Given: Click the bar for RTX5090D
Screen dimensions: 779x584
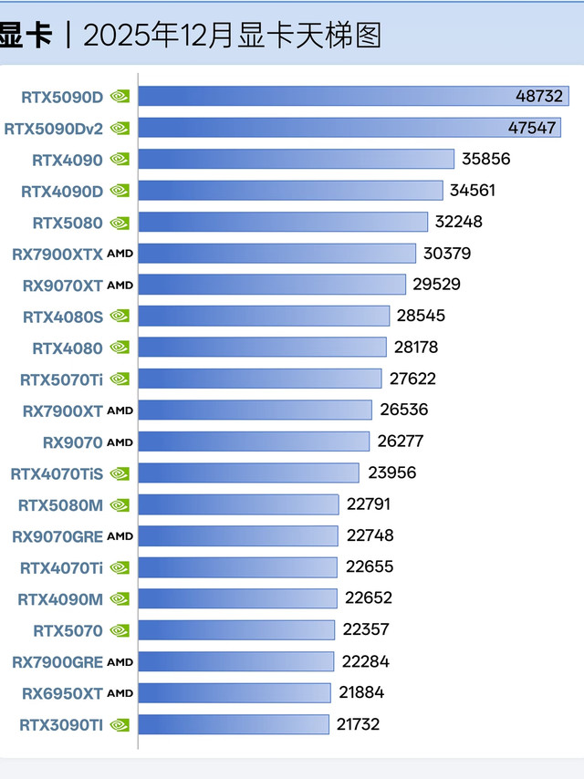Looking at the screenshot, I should click(x=353, y=96).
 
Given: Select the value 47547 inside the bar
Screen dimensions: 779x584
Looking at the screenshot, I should click(x=532, y=128).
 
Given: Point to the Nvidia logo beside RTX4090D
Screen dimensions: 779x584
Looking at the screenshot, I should click(x=120, y=190).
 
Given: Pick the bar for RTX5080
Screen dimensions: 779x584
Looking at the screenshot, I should click(x=283, y=222).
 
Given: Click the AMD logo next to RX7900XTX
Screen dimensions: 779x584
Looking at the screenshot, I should click(x=120, y=254).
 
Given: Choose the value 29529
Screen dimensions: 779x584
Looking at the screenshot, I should click(x=436, y=285).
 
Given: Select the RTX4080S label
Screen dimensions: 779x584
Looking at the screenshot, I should click(x=63, y=316).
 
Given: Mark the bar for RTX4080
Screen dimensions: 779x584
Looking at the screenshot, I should click(x=263, y=347).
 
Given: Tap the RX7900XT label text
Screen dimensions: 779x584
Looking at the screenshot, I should click(x=62, y=410).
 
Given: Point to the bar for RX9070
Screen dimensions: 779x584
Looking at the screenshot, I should click(x=254, y=441).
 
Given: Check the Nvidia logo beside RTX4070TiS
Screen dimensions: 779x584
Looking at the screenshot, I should click(x=120, y=473).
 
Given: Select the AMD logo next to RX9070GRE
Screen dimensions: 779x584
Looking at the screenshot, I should click(x=120, y=536).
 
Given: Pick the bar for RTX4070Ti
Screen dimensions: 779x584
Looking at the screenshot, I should click(x=237, y=567).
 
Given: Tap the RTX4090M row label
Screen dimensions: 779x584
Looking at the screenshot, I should click(x=60, y=598).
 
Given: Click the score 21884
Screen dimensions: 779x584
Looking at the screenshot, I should click(x=361, y=692).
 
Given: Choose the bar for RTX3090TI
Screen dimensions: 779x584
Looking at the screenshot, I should click(x=234, y=724).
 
